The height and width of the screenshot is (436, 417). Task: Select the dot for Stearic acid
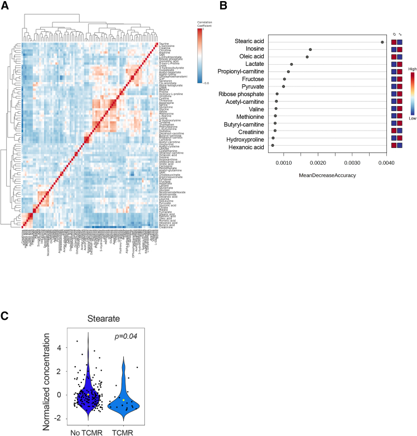pos(382,42)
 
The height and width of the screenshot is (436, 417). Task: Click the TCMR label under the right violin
pos(129,430)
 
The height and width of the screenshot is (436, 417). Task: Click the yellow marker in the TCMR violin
pos(124,400)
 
